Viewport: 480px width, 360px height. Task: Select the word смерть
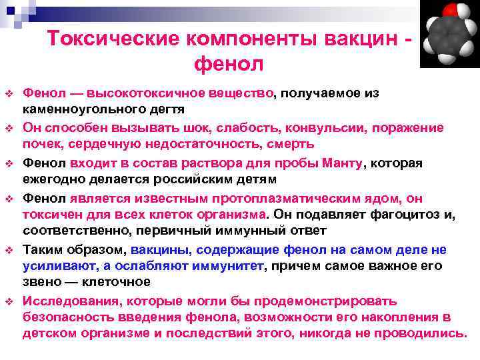[x=271, y=143]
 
